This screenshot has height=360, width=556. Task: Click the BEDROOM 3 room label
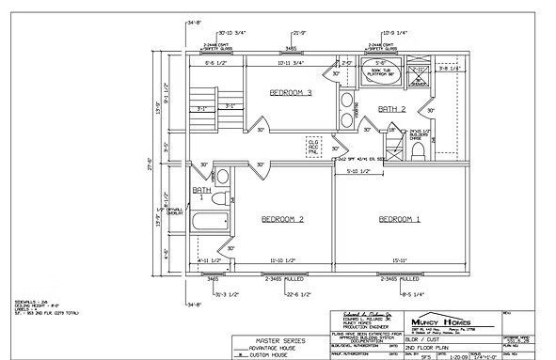[291, 92]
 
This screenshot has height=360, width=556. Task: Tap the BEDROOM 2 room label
[281, 219]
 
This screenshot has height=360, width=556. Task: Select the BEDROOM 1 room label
[399, 219]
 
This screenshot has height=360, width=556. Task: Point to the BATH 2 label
[391, 110]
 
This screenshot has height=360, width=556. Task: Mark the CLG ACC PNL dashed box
[314, 147]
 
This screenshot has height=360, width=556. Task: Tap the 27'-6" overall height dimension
[150, 161]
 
